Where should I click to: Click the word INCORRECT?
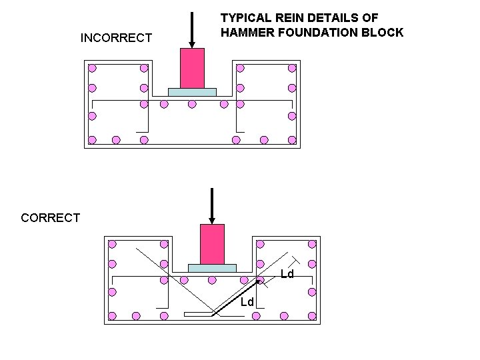pyautogui.click(x=116, y=38)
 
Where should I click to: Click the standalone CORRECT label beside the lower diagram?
pyautogui.click(x=51, y=217)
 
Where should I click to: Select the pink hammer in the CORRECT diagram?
pyautogui.click(x=212, y=244)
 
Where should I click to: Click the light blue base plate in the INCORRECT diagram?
pyautogui.click(x=192, y=92)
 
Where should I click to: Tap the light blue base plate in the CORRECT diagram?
pyautogui.click(x=212, y=268)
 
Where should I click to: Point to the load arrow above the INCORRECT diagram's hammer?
pyautogui.click(x=192, y=30)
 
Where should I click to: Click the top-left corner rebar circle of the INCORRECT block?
pyautogui.click(x=93, y=68)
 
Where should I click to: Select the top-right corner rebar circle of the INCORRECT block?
pyautogui.click(x=291, y=68)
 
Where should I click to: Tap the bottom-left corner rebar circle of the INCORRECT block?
pyautogui.click(x=93, y=140)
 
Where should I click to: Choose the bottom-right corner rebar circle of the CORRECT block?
pyautogui.click(x=311, y=315)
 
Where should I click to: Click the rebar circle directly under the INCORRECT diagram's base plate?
pyautogui.click(x=192, y=104)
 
